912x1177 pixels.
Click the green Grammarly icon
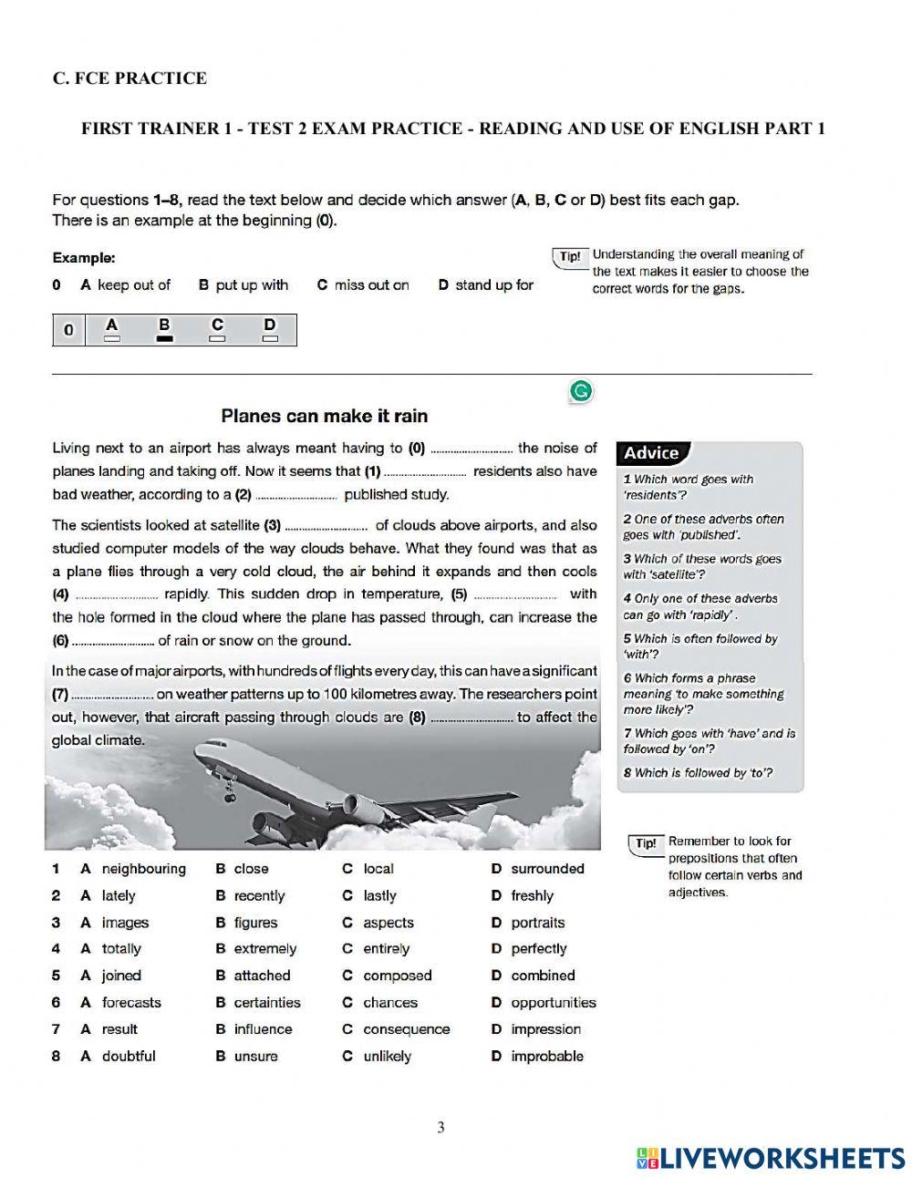(x=581, y=392)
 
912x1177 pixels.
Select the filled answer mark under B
(x=164, y=338)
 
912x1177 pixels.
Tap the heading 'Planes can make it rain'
(x=324, y=416)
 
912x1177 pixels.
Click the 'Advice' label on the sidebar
(x=651, y=453)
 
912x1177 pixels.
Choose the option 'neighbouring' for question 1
(x=143, y=869)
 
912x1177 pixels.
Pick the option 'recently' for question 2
(x=259, y=896)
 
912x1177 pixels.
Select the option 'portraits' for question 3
(x=537, y=923)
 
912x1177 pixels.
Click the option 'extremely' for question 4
(x=264, y=949)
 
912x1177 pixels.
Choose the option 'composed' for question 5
(x=397, y=976)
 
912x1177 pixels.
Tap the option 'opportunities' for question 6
(x=553, y=1003)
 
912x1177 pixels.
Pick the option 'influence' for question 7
(x=263, y=1029)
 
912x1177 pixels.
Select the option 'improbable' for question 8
(x=546, y=1057)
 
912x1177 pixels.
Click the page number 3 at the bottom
(x=441, y=1128)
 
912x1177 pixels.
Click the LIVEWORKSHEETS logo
(x=771, y=1158)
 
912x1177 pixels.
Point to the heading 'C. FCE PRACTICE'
(x=130, y=78)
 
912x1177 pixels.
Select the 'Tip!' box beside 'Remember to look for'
(x=645, y=843)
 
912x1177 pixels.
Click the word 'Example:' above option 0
(x=84, y=258)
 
